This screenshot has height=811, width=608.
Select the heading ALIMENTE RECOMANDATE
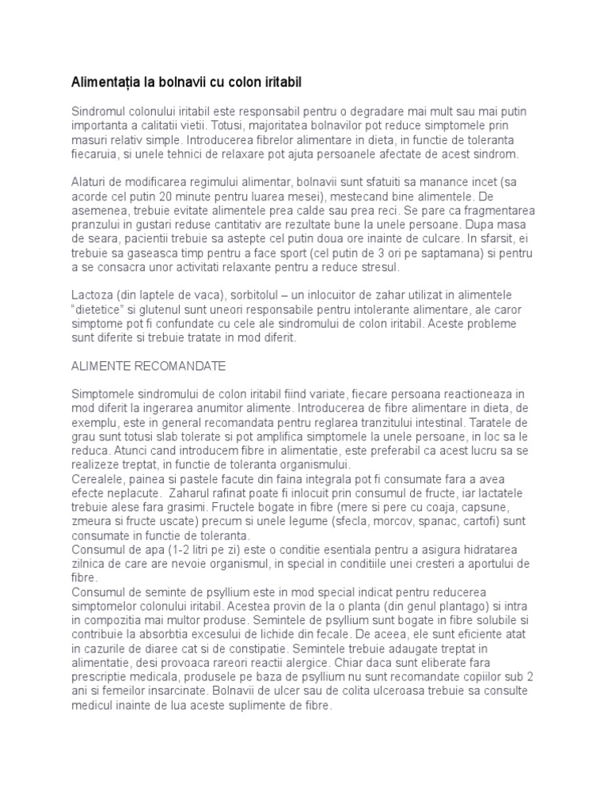pos(149,367)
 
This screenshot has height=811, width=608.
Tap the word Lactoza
pos(94,294)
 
